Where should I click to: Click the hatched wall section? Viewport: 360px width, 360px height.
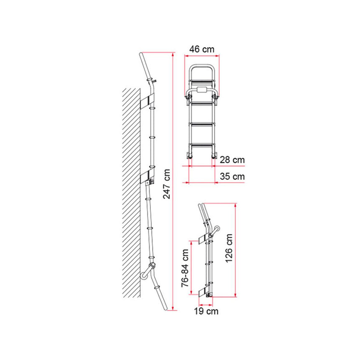(132, 188)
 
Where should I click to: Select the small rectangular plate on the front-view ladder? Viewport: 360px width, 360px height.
(202, 90)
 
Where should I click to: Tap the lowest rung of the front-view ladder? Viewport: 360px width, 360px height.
(202, 145)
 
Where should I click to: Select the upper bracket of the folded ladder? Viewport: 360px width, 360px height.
(203, 239)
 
